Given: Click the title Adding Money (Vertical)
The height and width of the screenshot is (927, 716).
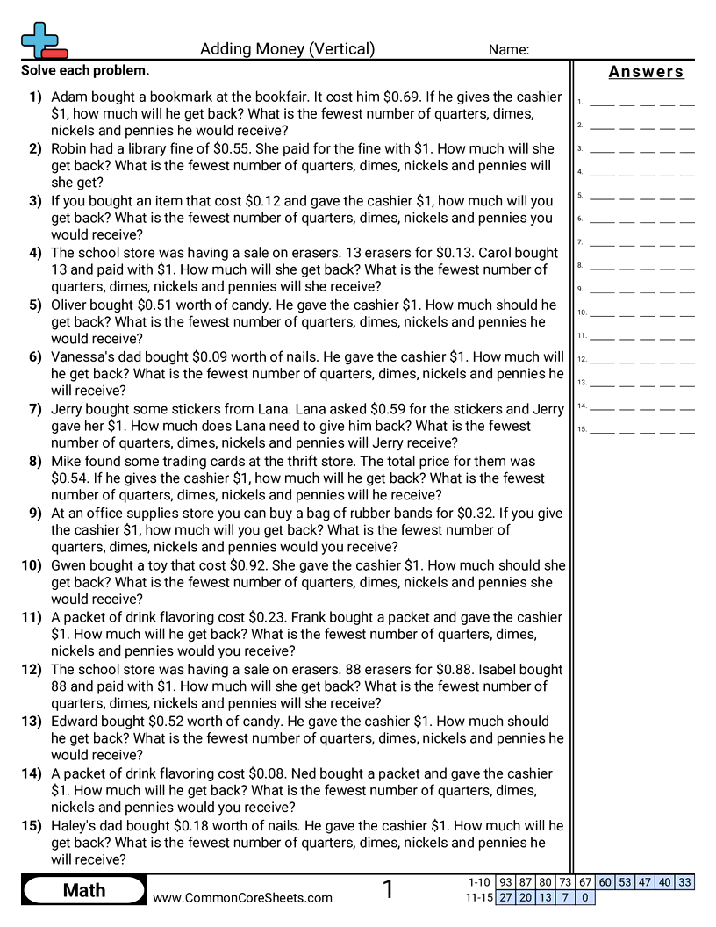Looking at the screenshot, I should (x=287, y=49).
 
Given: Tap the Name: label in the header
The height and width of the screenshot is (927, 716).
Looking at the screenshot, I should (x=508, y=50).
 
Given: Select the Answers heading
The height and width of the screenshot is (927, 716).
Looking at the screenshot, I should (x=646, y=72).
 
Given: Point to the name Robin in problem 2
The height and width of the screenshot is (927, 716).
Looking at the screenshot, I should (x=72, y=148).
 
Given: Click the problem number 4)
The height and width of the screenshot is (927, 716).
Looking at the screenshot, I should (x=35, y=253).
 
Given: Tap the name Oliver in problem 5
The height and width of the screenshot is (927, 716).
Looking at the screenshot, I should (x=72, y=305).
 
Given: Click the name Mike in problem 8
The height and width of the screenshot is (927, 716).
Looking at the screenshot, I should (x=67, y=461).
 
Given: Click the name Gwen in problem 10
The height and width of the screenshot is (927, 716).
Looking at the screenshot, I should (x=69, y=565).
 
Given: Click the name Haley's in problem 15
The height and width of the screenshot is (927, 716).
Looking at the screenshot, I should (x=76, y=826).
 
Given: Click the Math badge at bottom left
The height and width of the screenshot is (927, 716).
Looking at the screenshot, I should (x=84, y=891).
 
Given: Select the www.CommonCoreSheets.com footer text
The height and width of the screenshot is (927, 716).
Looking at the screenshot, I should (x=243, y=897).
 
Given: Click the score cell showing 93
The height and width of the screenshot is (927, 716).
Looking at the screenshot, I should (x=505, y=883).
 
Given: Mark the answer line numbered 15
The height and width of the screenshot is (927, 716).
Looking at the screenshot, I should (x=641, y=430).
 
